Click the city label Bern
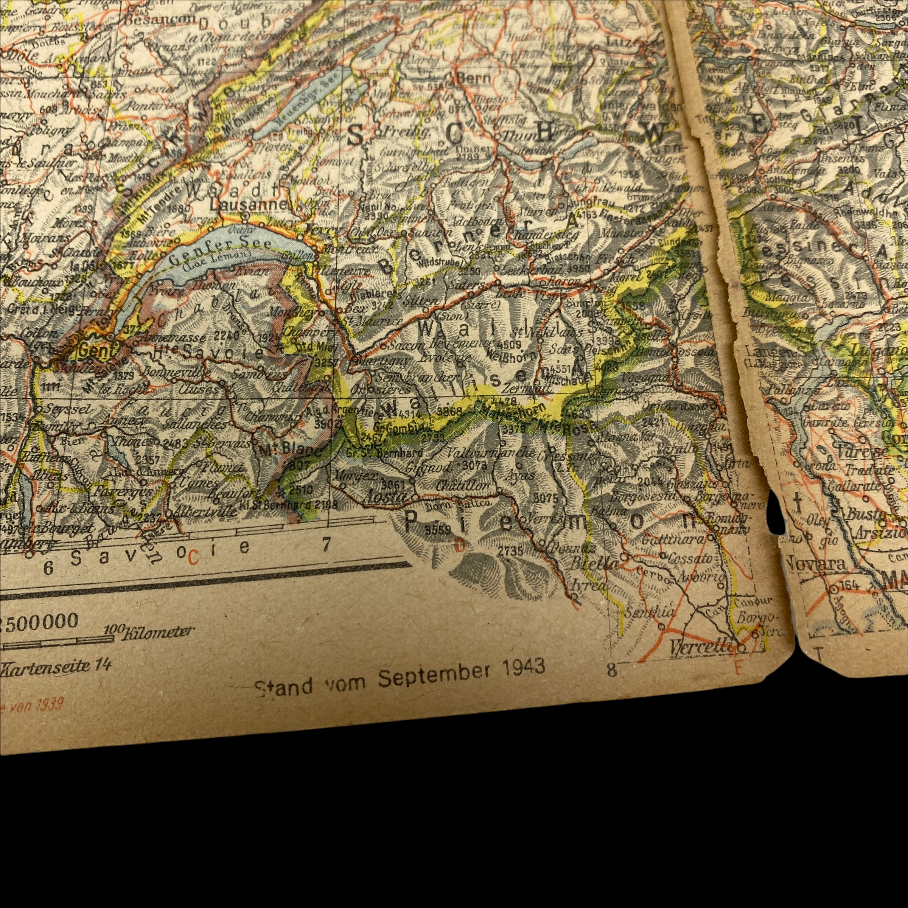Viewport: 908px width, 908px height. pos(473,78)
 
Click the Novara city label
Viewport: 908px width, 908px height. pos(816,564)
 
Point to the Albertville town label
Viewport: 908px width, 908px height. pos(205,512)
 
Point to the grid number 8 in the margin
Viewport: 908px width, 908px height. pos(611,670)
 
